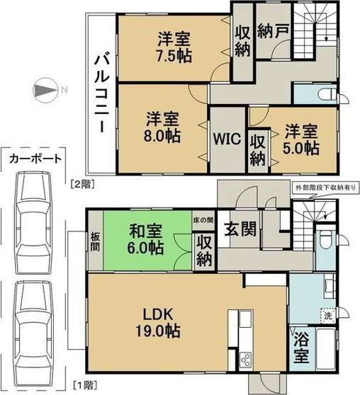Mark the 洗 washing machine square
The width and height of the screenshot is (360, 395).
pyautogui.click(x=328, y=316)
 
